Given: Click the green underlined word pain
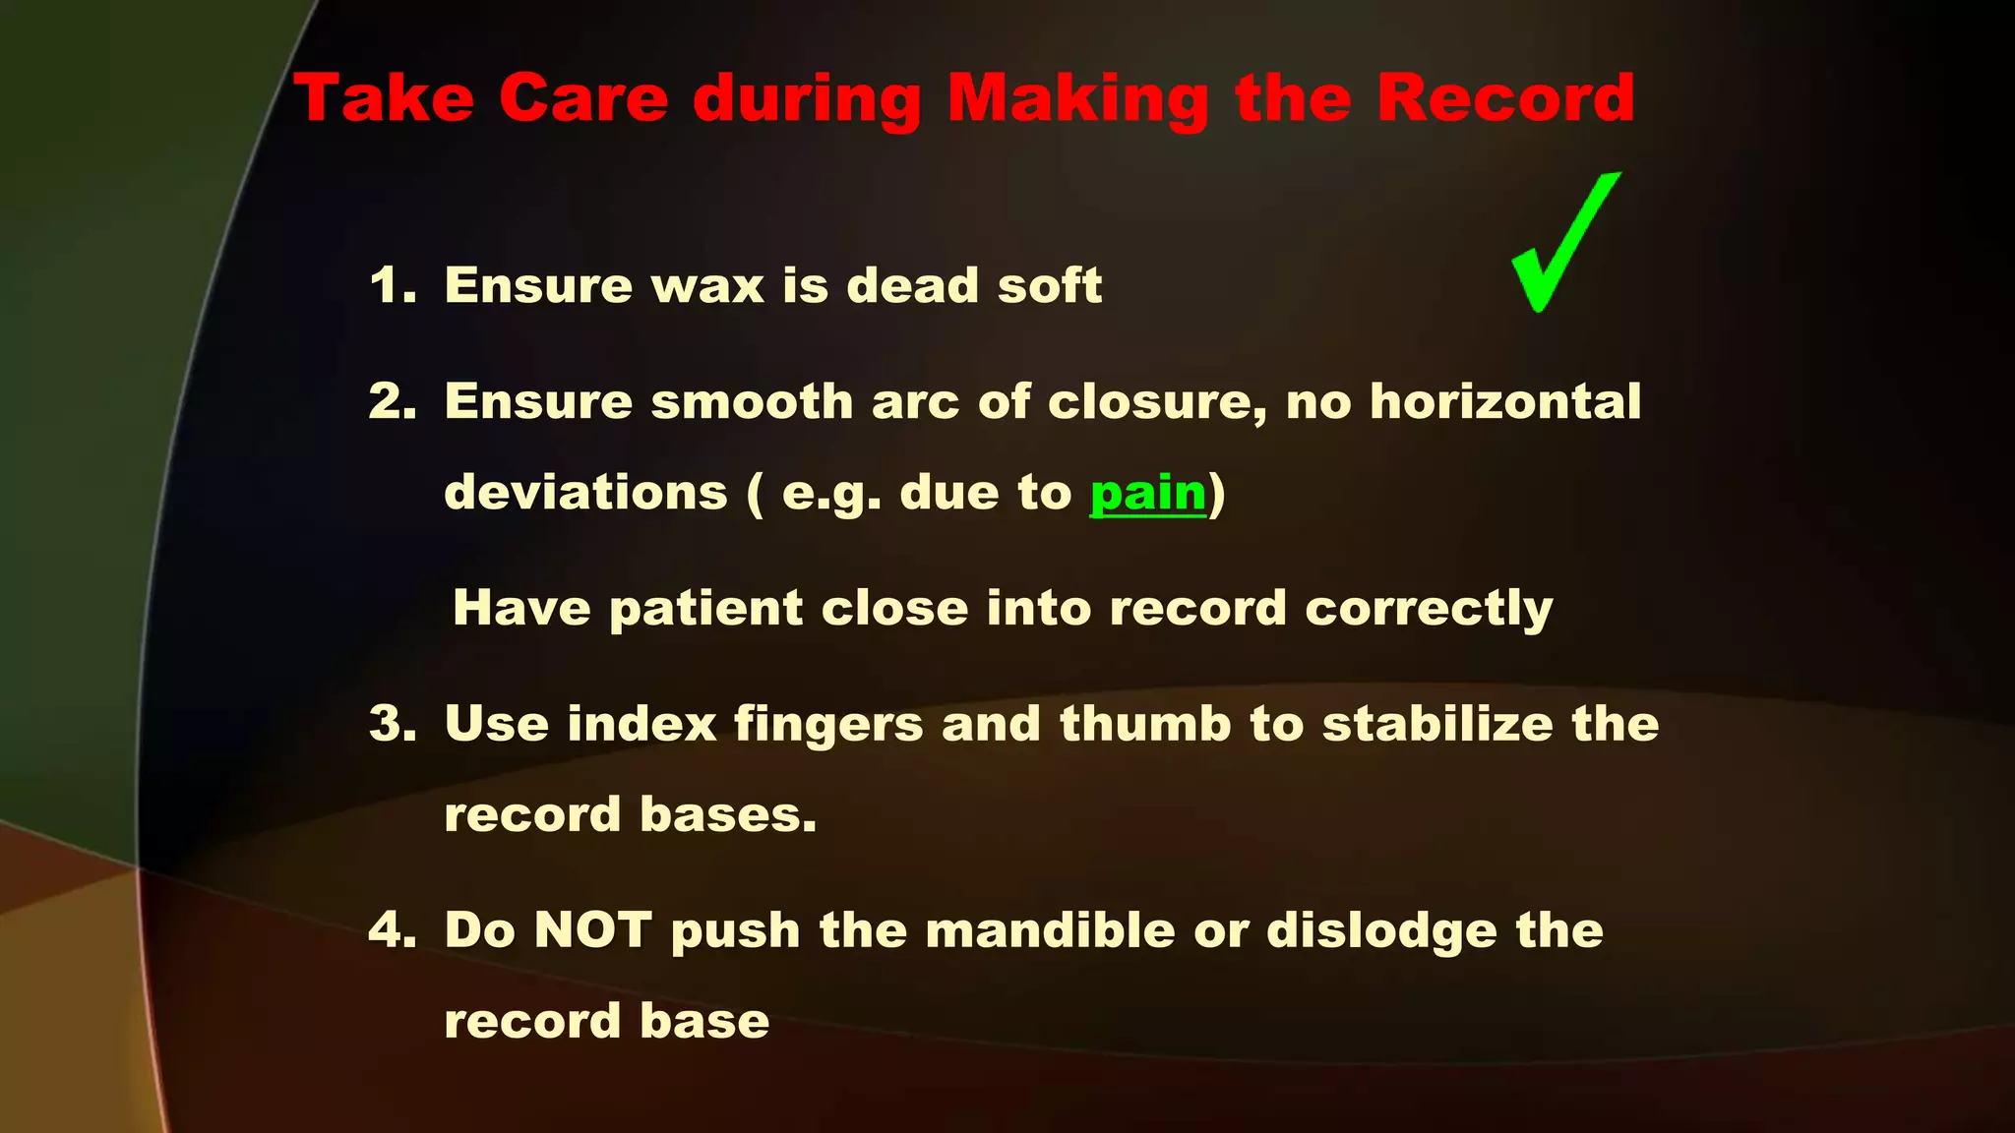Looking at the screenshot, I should click(1148, 493).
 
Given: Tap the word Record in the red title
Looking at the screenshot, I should click(1505, 98).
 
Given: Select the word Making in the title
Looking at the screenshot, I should click(1077, 100).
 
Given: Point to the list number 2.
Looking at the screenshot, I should click(391, 401).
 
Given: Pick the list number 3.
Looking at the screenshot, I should click(391, 724).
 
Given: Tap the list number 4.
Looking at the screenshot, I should click(391, 930).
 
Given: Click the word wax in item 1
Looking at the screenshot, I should click(707, 286).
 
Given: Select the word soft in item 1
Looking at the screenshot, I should click(1049, 285).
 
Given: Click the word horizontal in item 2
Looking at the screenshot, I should click(1505, 401).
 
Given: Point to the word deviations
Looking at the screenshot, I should click(585, 492).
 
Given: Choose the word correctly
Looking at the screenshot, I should click(1429, 609).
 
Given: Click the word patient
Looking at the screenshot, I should click(705, 609).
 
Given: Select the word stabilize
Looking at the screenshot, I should click(1437, 724).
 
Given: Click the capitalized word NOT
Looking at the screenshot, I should click(592, 930).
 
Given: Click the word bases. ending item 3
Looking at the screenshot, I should click(728, 814).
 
